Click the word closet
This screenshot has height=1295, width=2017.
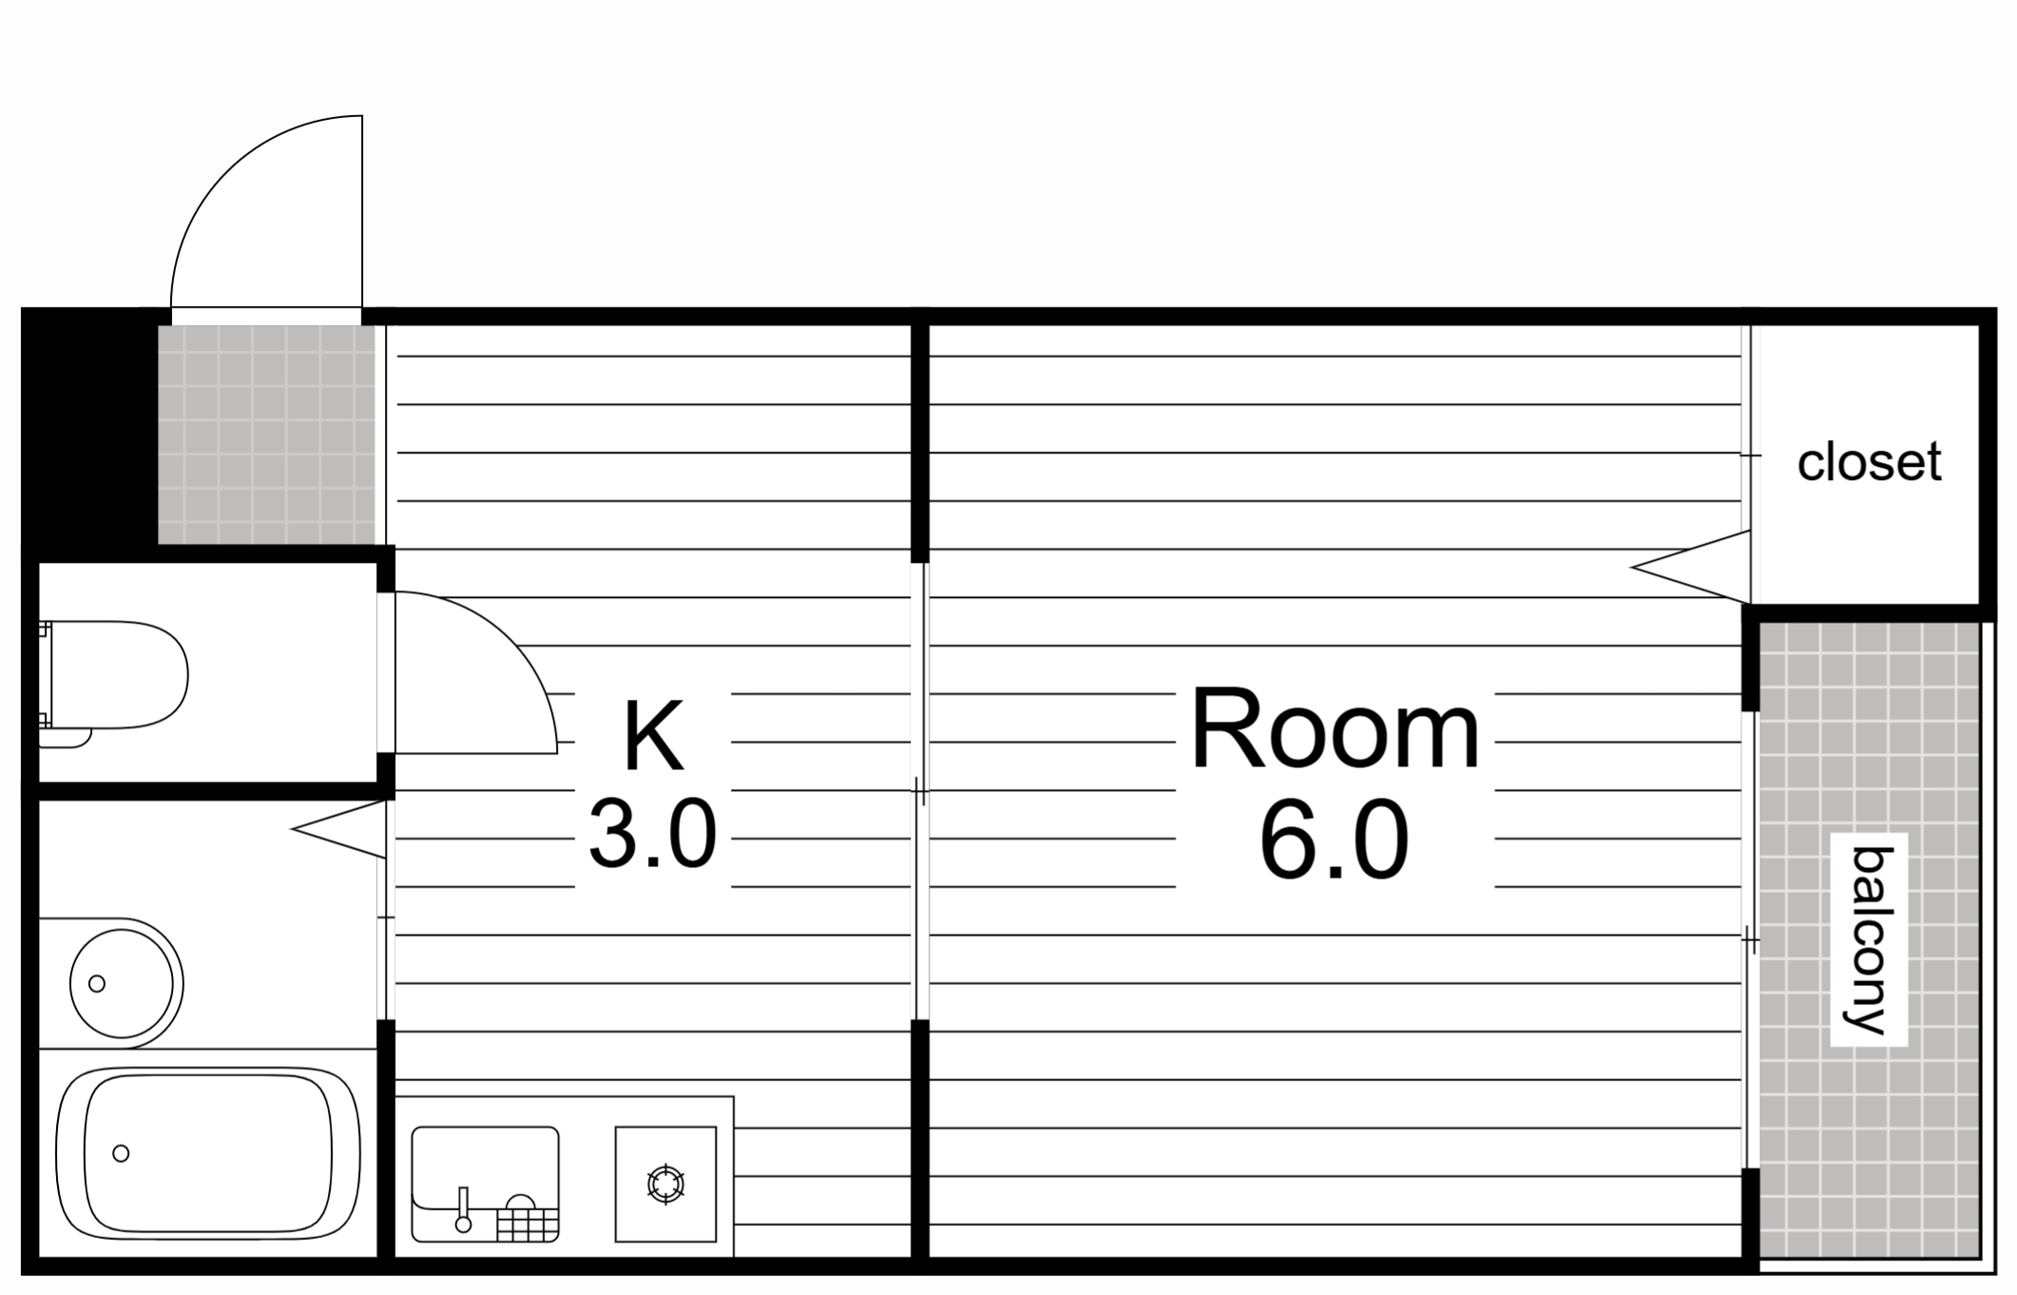[x=1868, y=463]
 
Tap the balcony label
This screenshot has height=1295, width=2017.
[x=1870, y=940]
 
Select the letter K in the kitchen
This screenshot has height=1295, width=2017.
[x=653, y=735]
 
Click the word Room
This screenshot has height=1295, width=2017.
[x=1335, y=730]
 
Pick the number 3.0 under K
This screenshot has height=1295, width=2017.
[x=652, y=834]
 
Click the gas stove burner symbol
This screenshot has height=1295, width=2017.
[x=665, y=1184]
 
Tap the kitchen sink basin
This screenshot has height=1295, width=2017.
[x=485, y=1184]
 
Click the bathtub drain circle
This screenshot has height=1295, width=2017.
[x=121, y=1153]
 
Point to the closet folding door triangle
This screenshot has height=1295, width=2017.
[x=1691, y=568]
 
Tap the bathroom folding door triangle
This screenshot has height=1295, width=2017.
[x=338, y=829]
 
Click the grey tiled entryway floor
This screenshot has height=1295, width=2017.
[x=266, y=435]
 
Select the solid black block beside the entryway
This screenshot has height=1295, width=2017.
[x=89, y=435]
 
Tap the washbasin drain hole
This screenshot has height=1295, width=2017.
[x=96, y=984]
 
